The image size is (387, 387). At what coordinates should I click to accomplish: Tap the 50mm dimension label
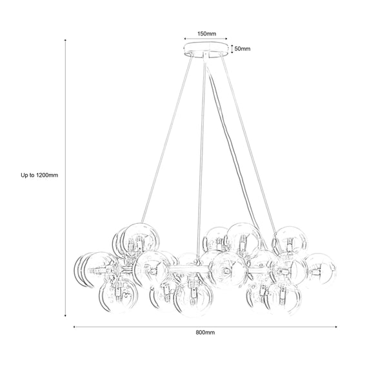click(242, 48)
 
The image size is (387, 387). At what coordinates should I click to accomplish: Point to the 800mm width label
click(205, 333)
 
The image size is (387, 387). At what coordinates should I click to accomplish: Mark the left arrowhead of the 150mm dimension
click(186, 37)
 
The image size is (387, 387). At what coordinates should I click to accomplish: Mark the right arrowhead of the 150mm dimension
click(227, 37)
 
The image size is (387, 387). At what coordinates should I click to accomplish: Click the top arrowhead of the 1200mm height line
click(66, 41)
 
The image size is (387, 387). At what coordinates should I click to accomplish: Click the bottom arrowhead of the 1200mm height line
click(66, 315)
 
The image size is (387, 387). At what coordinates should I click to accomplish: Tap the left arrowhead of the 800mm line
click(75, 326)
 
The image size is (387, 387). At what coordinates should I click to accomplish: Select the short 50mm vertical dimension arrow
click(232, 48)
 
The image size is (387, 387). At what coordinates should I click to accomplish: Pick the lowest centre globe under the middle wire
click(194, 298)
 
